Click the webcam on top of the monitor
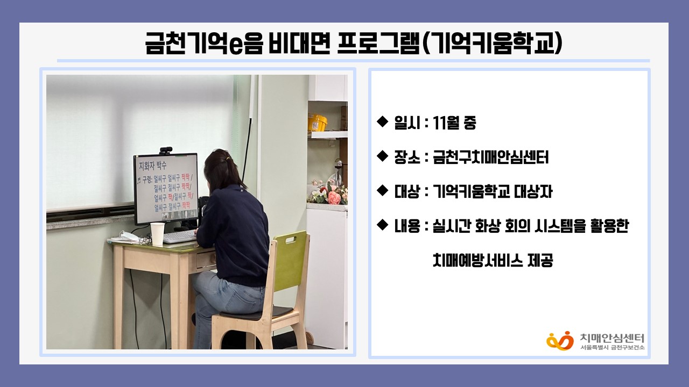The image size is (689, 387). pos(166,150)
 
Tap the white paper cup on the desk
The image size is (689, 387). pos(157,234)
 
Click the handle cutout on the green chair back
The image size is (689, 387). pos(291,239)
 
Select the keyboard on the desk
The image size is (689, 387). pos(180,236)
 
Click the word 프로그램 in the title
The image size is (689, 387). pos(378,44)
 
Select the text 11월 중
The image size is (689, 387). pos(454,123)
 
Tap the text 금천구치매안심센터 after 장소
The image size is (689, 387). pos(490,157)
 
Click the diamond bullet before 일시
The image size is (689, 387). pos(382,121)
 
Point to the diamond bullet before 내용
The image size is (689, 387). pos(382,225)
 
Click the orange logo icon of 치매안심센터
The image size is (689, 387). pos(560,340)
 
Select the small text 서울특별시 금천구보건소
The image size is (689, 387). pos(612,347)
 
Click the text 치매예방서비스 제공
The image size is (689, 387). pos(493,260)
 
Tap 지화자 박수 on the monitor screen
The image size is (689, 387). pos(153,166)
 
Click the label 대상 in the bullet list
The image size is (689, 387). pos(407,192)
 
